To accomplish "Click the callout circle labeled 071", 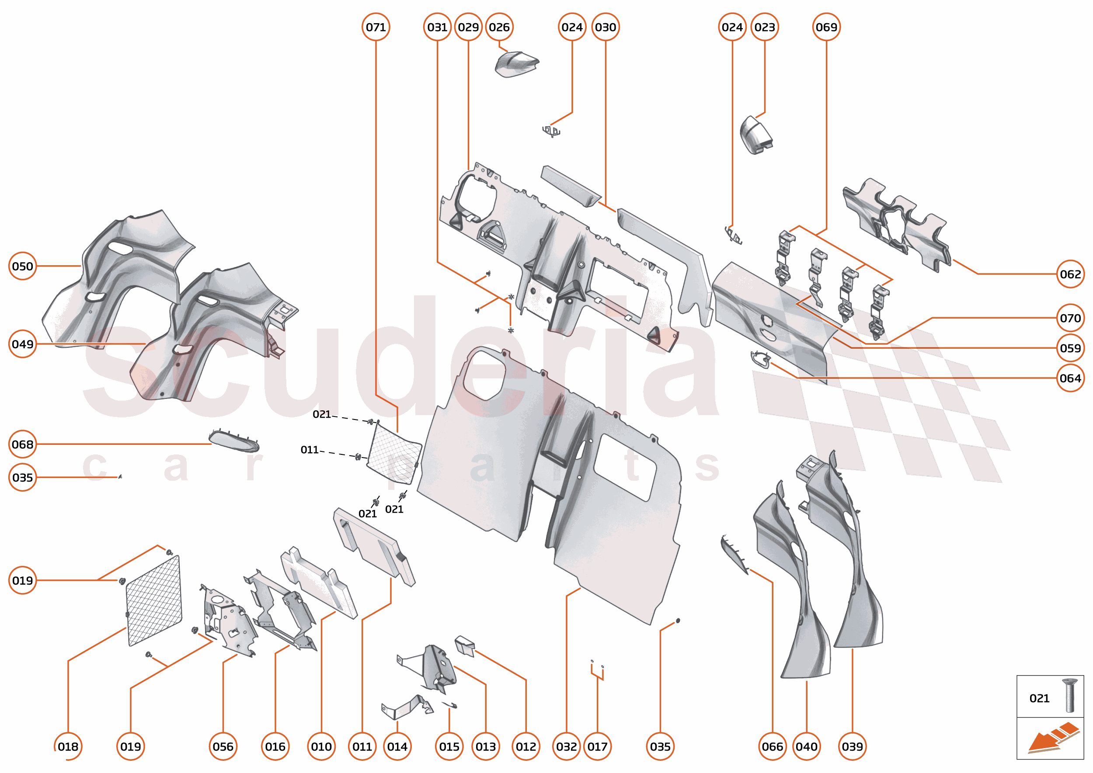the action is [376, 27].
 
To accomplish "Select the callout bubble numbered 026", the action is [499, 27].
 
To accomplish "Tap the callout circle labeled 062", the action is [1070, 274].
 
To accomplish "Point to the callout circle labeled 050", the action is [22, 266].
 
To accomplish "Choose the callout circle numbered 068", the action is [22, 444].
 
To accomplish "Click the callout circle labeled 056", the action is [223, 746].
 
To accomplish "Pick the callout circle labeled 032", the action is [566, 746].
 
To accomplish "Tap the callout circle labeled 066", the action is [772, 746].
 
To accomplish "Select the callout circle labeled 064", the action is [1070, 378].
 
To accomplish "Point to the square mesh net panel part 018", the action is [154, 601].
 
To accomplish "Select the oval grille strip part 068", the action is [234, 440].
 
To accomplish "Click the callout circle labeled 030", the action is [606, 27].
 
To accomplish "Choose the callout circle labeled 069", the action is [826, 27].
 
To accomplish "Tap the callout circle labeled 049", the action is [22, 343].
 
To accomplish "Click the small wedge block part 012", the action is [465, 645].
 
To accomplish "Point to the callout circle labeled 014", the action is [397, 746].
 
